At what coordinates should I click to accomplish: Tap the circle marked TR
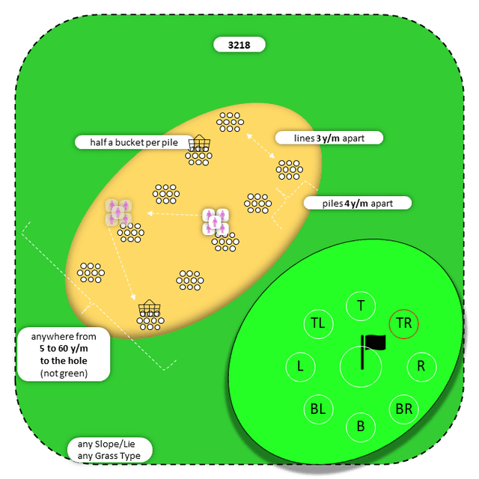click(x=404, y=323)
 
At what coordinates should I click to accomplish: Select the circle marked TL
click(x=318, y=323)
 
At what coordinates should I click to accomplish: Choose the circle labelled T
click(x=361, y=305)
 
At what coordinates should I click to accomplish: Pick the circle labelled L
click(x=300, y=367)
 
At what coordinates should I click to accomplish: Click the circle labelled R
click(x=421, y=367)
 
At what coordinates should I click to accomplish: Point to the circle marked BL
click(x=318, y=409)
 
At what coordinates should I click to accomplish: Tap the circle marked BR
click(x=404, y=409)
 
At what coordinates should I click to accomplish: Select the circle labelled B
click(x=361, y=427)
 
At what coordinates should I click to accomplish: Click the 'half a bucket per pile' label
click(x=132, y=142)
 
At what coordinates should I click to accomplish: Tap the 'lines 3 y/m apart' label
click(x=329, y=138)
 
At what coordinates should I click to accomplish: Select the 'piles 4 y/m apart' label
click(x=359, y=203)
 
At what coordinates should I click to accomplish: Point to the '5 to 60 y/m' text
click(x=64, y=349)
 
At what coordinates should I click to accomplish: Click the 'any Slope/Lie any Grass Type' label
click(x=109, y=450)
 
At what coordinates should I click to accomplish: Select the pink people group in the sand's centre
click(x=216, y=221)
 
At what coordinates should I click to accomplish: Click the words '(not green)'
click(x=64, y=373)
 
